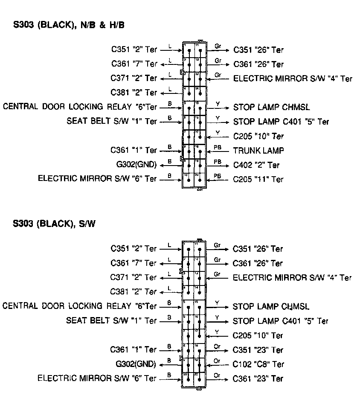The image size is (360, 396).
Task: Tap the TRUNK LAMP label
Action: [x=258, y=150]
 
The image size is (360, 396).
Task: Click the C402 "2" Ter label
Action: [x=256, y=165]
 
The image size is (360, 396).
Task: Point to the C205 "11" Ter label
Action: [x=258, y=179]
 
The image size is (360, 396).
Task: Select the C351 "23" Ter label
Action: [x=258, y=350]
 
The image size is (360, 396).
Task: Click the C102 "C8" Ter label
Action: [x=258, y=364]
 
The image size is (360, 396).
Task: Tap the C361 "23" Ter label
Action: [x=258, y=379]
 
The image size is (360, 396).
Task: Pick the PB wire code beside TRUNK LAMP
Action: [x=218, y=147]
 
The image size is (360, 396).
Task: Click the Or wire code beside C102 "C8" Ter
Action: [x=217, y=361]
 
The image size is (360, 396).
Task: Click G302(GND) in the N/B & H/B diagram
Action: [x=136, y=165]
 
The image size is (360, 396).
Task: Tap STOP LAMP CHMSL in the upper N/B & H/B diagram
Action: [x=271, y=107]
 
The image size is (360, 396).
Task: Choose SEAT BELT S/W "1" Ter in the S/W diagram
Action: [x=111, y=320]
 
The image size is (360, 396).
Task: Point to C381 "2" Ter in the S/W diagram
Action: [x=134, y=292]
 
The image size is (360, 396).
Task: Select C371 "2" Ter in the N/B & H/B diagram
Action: [x=134, y=79]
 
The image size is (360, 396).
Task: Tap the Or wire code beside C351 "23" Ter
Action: [x=217, y=346]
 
